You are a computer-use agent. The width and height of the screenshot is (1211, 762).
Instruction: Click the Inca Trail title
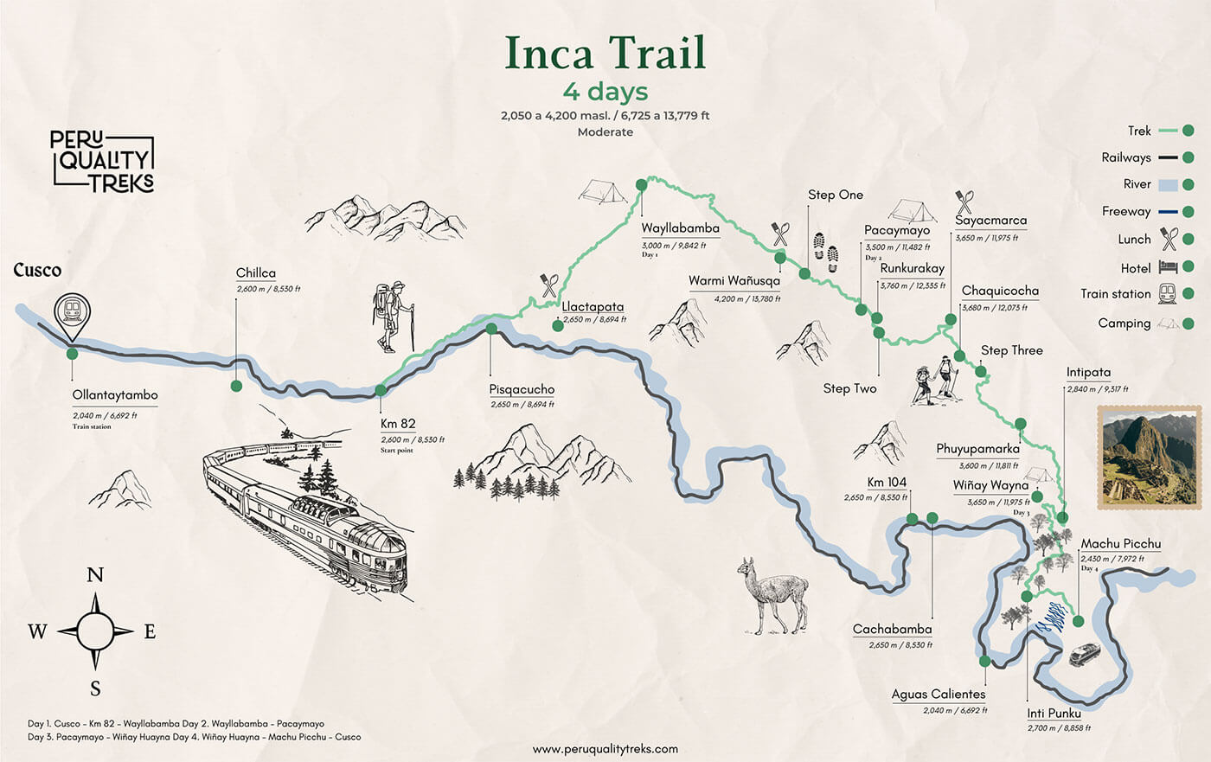pyautogui.click(x=605, y=54)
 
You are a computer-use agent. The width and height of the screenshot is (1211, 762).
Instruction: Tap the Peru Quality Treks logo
pyautogui.click(x=103, y=161)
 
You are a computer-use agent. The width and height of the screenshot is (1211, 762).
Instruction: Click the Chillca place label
pyautogui.click(x=256, y=273)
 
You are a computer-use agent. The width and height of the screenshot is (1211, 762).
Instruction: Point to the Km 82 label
pyautogui.click(x=398, y=424)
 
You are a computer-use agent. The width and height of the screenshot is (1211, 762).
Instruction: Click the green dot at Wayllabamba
pyautogui.click(x=641, y=184)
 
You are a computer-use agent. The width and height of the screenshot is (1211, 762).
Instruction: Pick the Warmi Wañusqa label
pyautogui.click(x=734, y=281)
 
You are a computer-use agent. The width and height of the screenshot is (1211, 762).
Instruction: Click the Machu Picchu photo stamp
pyautogui.click(x=1147, y=456)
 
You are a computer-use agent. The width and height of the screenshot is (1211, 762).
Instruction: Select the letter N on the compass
pyautogui.click(x=95, y=575)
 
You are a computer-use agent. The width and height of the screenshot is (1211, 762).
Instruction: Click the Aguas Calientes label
pyautogui.click(x=939, y=694)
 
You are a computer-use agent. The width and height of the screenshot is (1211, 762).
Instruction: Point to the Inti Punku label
pyautogui.click(x=1054, y=714)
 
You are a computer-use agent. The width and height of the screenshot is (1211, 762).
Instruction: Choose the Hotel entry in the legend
pyautogui.click(x=1136, y=268)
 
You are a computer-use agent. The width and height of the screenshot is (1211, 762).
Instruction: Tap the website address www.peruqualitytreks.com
pyautogui.click(x=605, y=749)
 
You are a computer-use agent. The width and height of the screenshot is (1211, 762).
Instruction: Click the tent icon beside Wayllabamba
pyautogui.click(x=603, y=191)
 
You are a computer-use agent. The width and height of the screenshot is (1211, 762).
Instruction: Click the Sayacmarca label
pyautogui.click(x=991, y=221)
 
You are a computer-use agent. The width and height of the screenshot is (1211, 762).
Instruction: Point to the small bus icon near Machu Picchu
pyautogui.click(x=1085, y=654)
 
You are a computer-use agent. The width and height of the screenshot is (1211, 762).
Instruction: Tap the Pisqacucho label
pyautogui.click(x=522, y=389)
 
